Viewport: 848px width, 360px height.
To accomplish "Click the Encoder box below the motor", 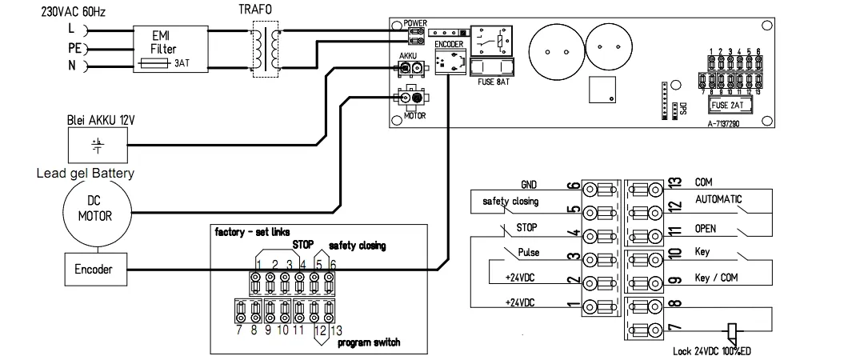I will [x=95, y=270].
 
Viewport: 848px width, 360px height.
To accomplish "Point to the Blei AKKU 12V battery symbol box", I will [x=95, y=146].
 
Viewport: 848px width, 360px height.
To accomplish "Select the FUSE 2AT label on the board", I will [x=730, y=105].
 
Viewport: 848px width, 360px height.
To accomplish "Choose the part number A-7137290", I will [x=730, y=124].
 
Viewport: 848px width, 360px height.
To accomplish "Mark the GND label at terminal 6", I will [x=529, y=183].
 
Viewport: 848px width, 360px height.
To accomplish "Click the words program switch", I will [x=368, y=343].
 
